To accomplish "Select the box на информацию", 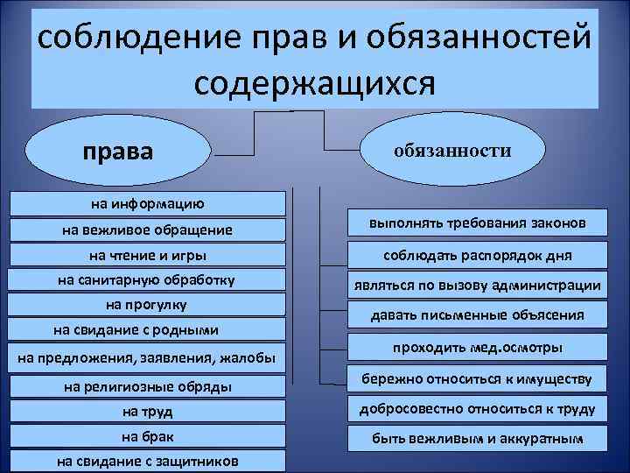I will [x=147, y=204].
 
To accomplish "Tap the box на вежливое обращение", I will [x=147, y=230].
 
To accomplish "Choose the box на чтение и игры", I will [x=147, y=256].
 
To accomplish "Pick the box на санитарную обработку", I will [x=147, y=280].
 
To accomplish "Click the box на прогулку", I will [x=147, y=305].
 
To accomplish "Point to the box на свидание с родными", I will [x=147, y=330].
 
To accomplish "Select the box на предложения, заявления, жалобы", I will [x=147, y=357].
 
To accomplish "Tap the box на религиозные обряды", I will [x=147, y=385].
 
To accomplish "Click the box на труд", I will [x=147, y=411].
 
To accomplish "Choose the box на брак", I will [x=147, y=435].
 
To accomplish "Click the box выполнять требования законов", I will [x=476, y=224].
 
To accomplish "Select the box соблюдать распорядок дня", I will [x=476, y=255].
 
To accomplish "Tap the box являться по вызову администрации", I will [x=476, y=286].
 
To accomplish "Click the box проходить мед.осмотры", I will [x=476, y=349].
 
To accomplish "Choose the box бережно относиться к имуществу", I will [x=476, y=379].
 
